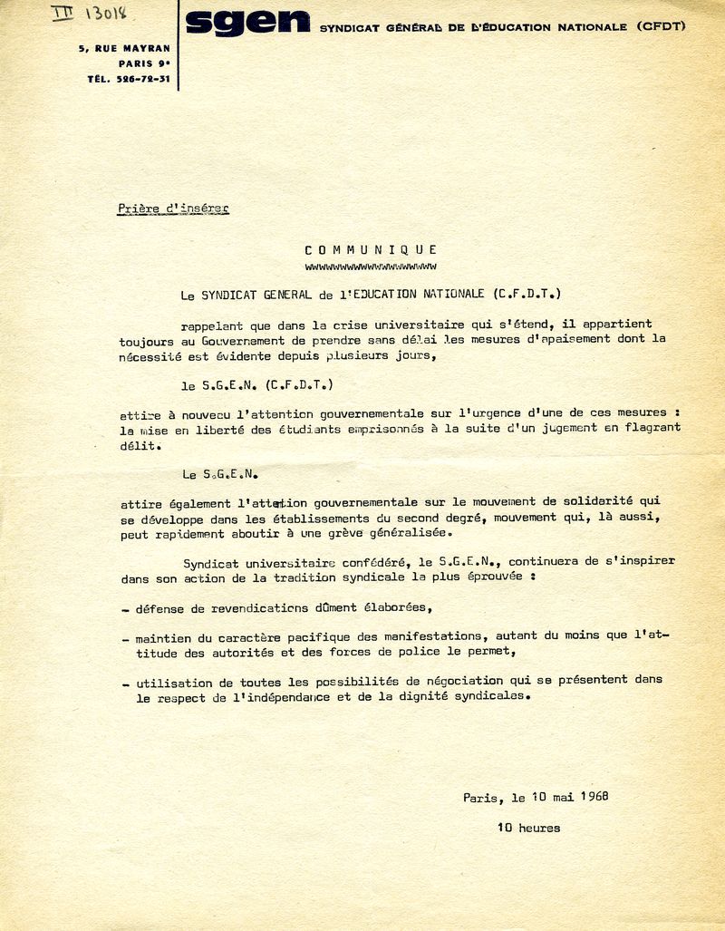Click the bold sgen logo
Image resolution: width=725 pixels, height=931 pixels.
246,23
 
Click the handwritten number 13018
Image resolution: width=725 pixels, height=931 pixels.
106,14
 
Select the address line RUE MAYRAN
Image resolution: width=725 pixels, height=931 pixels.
136,47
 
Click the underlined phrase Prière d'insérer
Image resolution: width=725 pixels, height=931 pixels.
173,209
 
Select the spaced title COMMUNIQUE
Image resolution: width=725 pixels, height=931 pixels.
371,249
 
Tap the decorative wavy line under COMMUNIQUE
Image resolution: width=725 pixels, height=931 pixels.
371,267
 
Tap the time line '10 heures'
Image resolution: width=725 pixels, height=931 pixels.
528,828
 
